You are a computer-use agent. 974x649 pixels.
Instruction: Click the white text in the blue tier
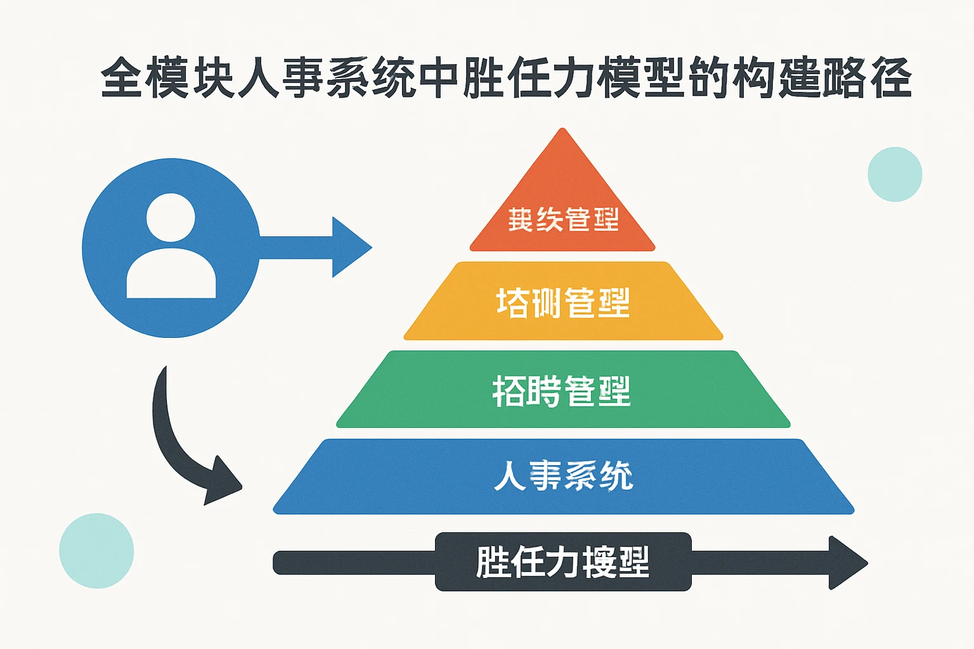[x=563, y=475]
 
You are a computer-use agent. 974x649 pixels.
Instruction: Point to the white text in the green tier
[x=562, y=390]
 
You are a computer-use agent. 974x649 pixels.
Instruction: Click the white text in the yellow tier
[x=563, y=302]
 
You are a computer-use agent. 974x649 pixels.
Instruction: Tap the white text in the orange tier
[x=563, y=219]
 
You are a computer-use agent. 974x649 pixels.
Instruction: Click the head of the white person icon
[x=171, y=217]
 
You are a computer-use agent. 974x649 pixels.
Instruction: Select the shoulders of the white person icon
[x=171, y=275]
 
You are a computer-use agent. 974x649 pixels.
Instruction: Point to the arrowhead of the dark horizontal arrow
[x=847, y=563]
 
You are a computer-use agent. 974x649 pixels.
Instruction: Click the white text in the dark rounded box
[x=562, y=562]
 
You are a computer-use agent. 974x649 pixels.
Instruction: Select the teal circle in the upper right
[x=895, y=174]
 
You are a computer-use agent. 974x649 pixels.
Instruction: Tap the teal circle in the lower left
[x=96, y=551]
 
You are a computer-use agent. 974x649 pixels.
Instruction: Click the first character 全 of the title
[x=121, y=78]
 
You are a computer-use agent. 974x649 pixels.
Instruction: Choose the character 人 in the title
[x=259, y=78]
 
